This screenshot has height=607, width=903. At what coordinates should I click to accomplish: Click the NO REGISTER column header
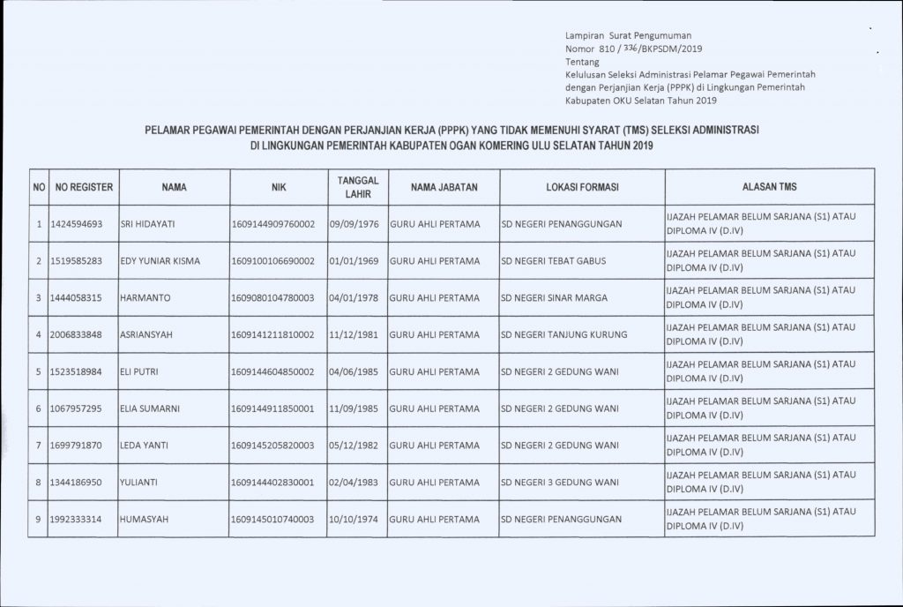pos(82,188)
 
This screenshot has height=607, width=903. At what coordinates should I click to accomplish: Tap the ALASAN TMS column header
pos(769,187)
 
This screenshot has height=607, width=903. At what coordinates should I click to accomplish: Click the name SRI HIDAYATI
pos(149,224)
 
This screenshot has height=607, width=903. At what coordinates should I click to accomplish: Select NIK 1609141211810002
pos(272,335)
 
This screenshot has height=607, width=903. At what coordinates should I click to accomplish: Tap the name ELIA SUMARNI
pos(151,409)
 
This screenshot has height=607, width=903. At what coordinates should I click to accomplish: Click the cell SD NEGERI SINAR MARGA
pos(554,298)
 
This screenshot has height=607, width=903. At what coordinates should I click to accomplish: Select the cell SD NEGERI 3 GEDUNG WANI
pos(558,483)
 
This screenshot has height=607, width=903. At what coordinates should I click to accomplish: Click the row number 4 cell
pos(40,335)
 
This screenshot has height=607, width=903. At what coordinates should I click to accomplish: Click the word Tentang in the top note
pos(581,63)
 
